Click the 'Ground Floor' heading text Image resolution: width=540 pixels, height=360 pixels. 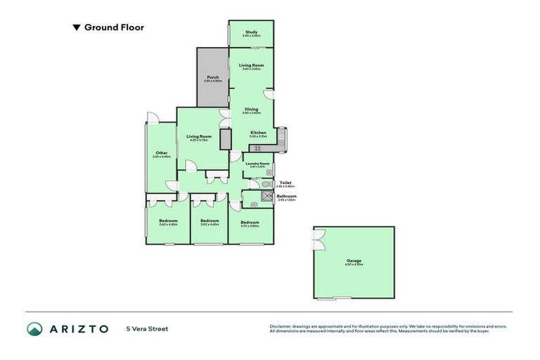tap(113, 27)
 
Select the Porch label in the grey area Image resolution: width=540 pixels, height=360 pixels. tap(212, 77)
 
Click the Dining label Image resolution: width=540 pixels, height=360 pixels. tap(251, 109)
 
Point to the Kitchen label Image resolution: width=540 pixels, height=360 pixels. tap(258, 132)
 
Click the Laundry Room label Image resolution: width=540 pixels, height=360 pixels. tap(257, 164)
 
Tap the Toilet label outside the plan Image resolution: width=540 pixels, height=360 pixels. tap(285, 182)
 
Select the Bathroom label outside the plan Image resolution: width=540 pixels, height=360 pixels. tap(286, 196)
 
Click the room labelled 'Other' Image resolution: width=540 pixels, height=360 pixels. tap(161, 153)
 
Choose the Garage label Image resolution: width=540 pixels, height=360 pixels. tap(354, 261)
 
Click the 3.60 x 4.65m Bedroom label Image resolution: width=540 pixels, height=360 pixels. tap(168, 221)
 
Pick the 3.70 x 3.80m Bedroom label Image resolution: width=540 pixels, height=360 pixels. tap(250, 222)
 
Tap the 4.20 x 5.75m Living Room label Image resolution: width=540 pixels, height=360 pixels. tap(199, 136)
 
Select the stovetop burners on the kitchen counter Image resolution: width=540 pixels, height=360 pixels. tap(256, 148)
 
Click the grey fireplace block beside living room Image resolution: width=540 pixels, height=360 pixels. tap(226, 139)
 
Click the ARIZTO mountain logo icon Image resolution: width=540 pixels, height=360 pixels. tap(34, 328)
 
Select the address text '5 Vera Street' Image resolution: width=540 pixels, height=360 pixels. tap(147, 328)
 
